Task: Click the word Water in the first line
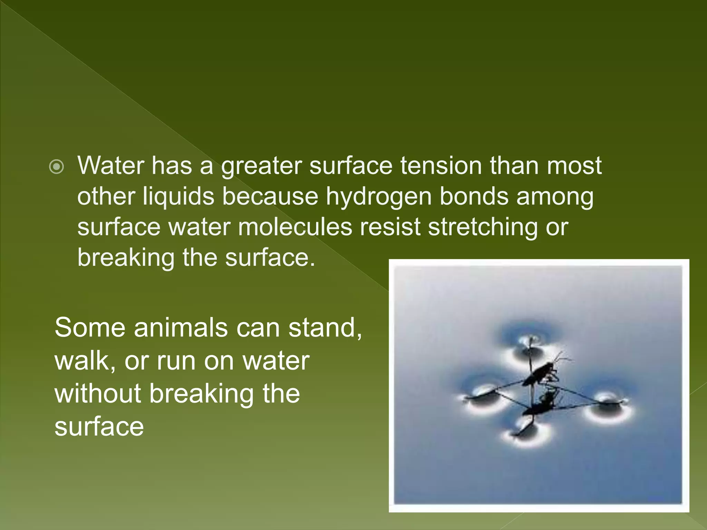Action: (110, 166)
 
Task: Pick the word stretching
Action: (483, 227)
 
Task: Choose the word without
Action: (98, 394)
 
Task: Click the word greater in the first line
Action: (261, 166)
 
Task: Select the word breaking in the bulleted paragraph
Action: (126, 258)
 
